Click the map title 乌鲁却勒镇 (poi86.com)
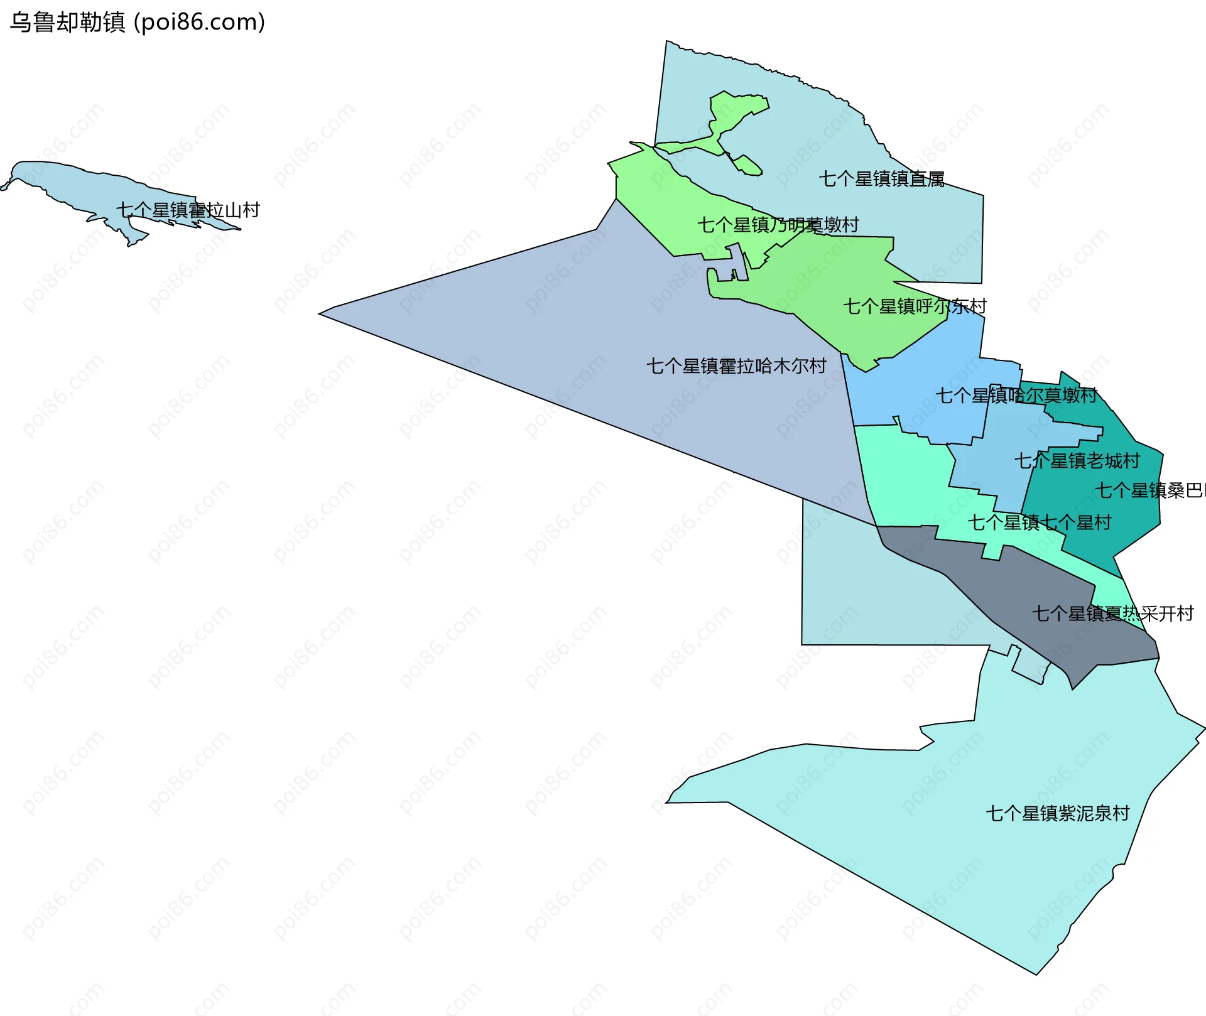coord(138,22)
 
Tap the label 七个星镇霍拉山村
coord(188,210)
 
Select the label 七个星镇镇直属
coord(881,179)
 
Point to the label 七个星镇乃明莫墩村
coord(778,225)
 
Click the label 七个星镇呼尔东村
coord(915,306)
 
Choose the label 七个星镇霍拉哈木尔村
coord(736,366)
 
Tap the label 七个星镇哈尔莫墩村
coord(1016,396)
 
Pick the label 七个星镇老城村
coord(1077,461)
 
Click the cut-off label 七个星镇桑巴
coord(1149,490)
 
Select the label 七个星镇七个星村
coord(1039,522)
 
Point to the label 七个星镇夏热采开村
coord(1112,613)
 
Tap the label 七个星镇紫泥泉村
coord(1058,814)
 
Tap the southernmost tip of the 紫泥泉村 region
coord(1036,973)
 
